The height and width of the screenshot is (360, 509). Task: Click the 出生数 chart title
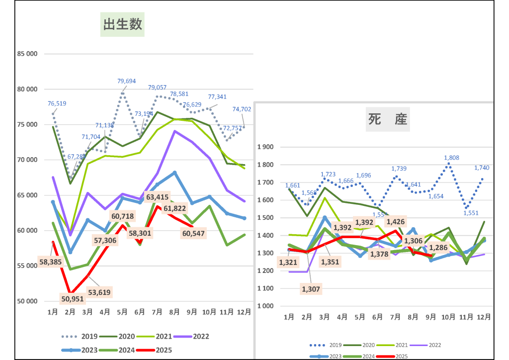tap(122, 24)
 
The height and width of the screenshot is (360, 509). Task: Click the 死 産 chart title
tap(388, 119)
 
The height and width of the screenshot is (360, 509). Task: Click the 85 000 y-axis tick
tap(27, 54)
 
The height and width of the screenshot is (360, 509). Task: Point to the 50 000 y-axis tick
tap(27, 301)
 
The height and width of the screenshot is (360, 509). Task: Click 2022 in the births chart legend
tap(202, 337)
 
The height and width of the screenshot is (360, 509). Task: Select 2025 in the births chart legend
tap(164, 350)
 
